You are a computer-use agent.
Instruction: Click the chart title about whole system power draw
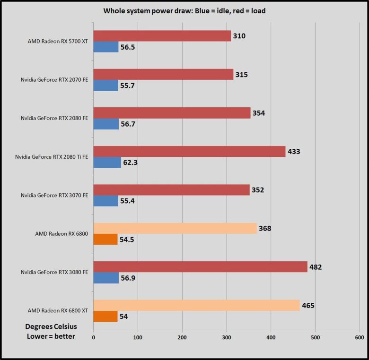click(x=184, y=11)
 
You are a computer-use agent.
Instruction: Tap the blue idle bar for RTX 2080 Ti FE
click(x=107, y=163)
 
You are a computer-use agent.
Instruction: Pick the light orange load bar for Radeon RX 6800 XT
click(x=196, y=305)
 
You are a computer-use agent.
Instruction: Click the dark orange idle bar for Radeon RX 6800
click(x=105, y=240)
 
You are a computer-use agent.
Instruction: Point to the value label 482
click(x=316, y=267)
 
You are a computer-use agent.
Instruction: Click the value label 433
click(x=294, y=152)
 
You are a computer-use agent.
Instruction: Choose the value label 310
click(x=239, y=36)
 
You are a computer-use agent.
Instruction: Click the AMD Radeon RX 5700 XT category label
click(x=58, y=41)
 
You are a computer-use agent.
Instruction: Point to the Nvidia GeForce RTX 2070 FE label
click(x=54, y=80)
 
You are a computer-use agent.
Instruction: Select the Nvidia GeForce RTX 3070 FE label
click(x=54, y=195)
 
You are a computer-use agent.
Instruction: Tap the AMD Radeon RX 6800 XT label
click(x=58, y=310)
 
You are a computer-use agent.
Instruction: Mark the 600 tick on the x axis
click(x=359, y=337)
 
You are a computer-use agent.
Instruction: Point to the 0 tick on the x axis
click(x=94, y=337)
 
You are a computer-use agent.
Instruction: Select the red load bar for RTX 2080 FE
click(x=172, y=113)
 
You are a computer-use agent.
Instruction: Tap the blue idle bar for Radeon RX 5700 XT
click(x=106, y=47)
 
